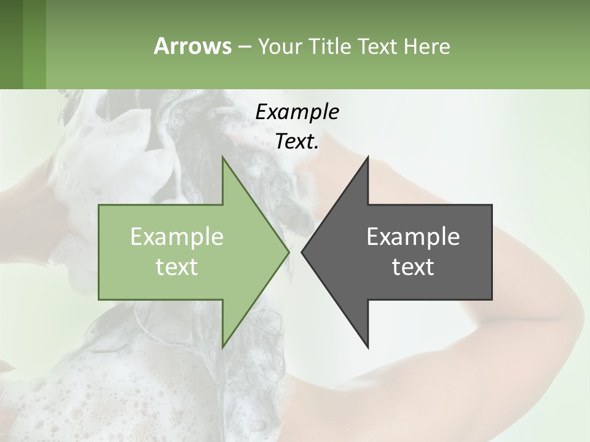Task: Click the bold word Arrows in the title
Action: (x=192, y=46)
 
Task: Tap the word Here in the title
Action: (x=427, y=46)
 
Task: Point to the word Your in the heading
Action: (x=280, y=46)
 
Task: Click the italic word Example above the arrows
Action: (x=297, y=112)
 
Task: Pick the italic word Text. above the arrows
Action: (x=297, y=141)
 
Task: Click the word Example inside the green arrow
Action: (x=177, y=237)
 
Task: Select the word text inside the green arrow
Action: (x=177, y=267)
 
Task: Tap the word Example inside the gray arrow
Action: (x=413, y=237)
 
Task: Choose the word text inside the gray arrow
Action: (x=413, y=267)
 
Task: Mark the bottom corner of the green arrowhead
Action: (x=223, y=346)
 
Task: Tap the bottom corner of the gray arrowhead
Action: (x=368, y=346)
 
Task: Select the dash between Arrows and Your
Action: (x=244, y=47)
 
